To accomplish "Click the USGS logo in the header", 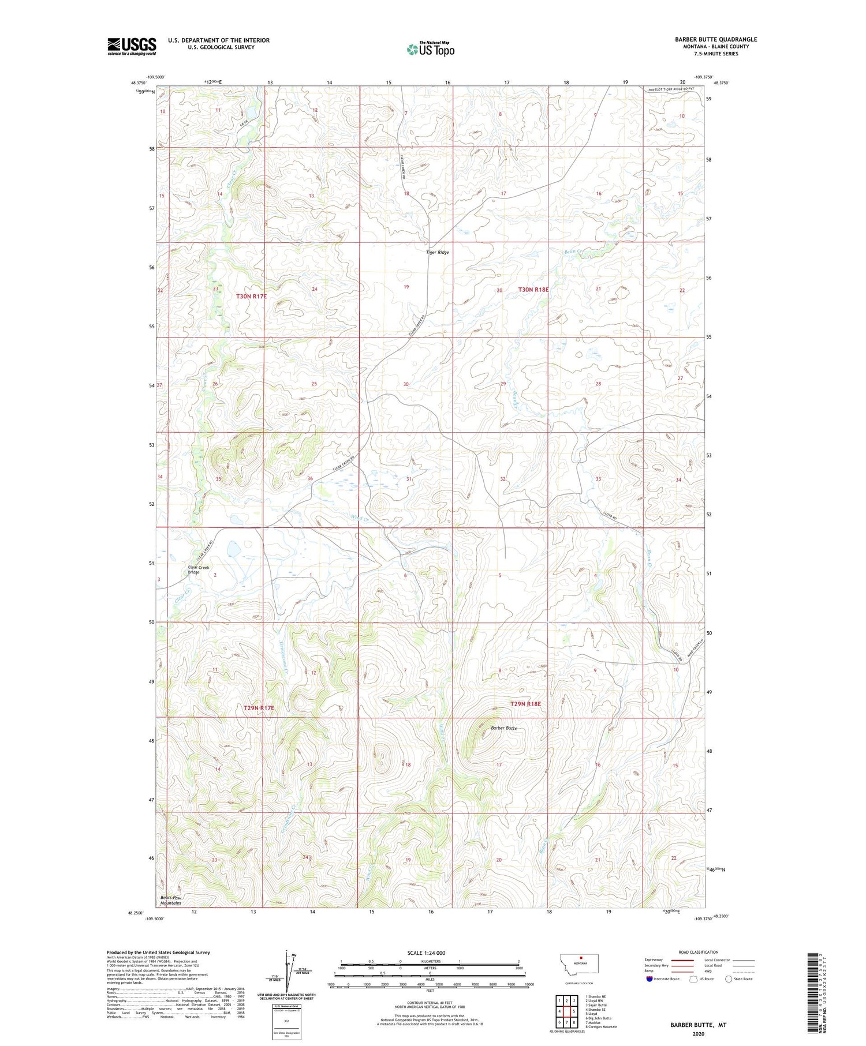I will [x=132, y=46].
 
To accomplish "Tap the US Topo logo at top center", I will [x=430, y=50].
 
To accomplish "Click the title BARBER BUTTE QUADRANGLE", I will [x=716, y=39].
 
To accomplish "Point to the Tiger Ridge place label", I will [x=437, y=252].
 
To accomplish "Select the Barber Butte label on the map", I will [x=503, y=728].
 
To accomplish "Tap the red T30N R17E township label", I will [x=252, y=296].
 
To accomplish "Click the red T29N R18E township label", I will [x=525, y=704].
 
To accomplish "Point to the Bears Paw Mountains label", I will [x=171, y=900].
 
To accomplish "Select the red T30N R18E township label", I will [x=533, y=290].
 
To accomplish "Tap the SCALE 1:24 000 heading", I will [x=426, y=953].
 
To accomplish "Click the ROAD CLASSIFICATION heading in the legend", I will [x=699, y=952].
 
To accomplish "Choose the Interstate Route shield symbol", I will [x=649, y=979].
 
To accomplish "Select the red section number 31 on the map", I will [x=409, y=479].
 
